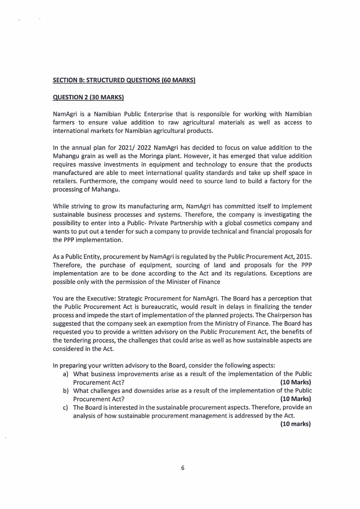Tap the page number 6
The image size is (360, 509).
[x=183, y=468]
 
